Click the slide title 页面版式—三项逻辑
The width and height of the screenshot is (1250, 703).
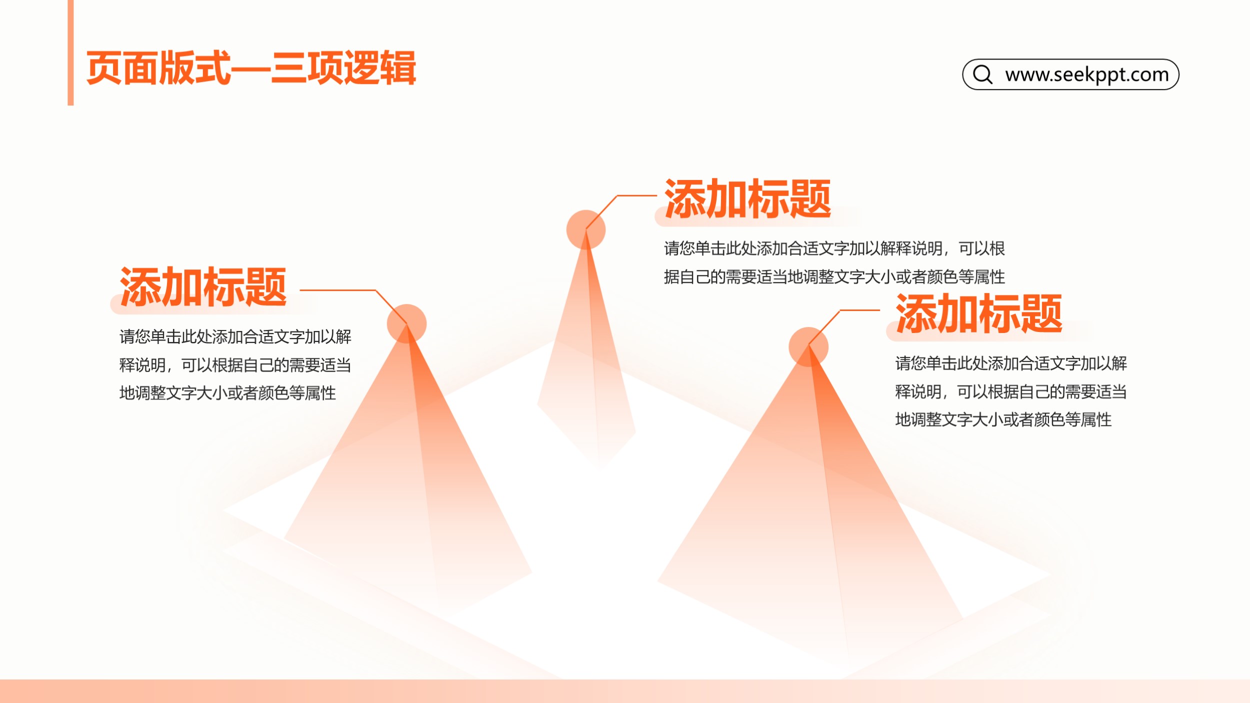(251, 68)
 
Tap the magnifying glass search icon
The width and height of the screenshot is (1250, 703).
(982, 74)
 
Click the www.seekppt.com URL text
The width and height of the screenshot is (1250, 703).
(1087, 74)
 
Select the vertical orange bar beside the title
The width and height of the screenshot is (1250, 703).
(70, 52)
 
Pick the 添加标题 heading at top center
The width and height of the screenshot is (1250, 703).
(747, 198)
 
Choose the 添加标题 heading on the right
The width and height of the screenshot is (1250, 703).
(978, 313)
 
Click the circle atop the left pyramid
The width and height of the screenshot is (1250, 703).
(406, 324)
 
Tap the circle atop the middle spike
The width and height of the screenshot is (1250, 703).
(586, 229)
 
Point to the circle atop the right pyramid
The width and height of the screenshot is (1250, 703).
(808, 347)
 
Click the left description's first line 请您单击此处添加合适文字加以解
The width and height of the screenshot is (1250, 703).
(235, 336)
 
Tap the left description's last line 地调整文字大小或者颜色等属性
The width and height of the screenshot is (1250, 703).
(227, 393)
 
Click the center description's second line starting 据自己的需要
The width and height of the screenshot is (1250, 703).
(834, 277)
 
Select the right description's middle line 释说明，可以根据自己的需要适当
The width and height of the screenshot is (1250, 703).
(1010, 392)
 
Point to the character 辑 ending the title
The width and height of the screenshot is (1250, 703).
(398, 68)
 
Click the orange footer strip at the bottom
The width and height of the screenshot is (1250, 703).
(625, 691)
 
